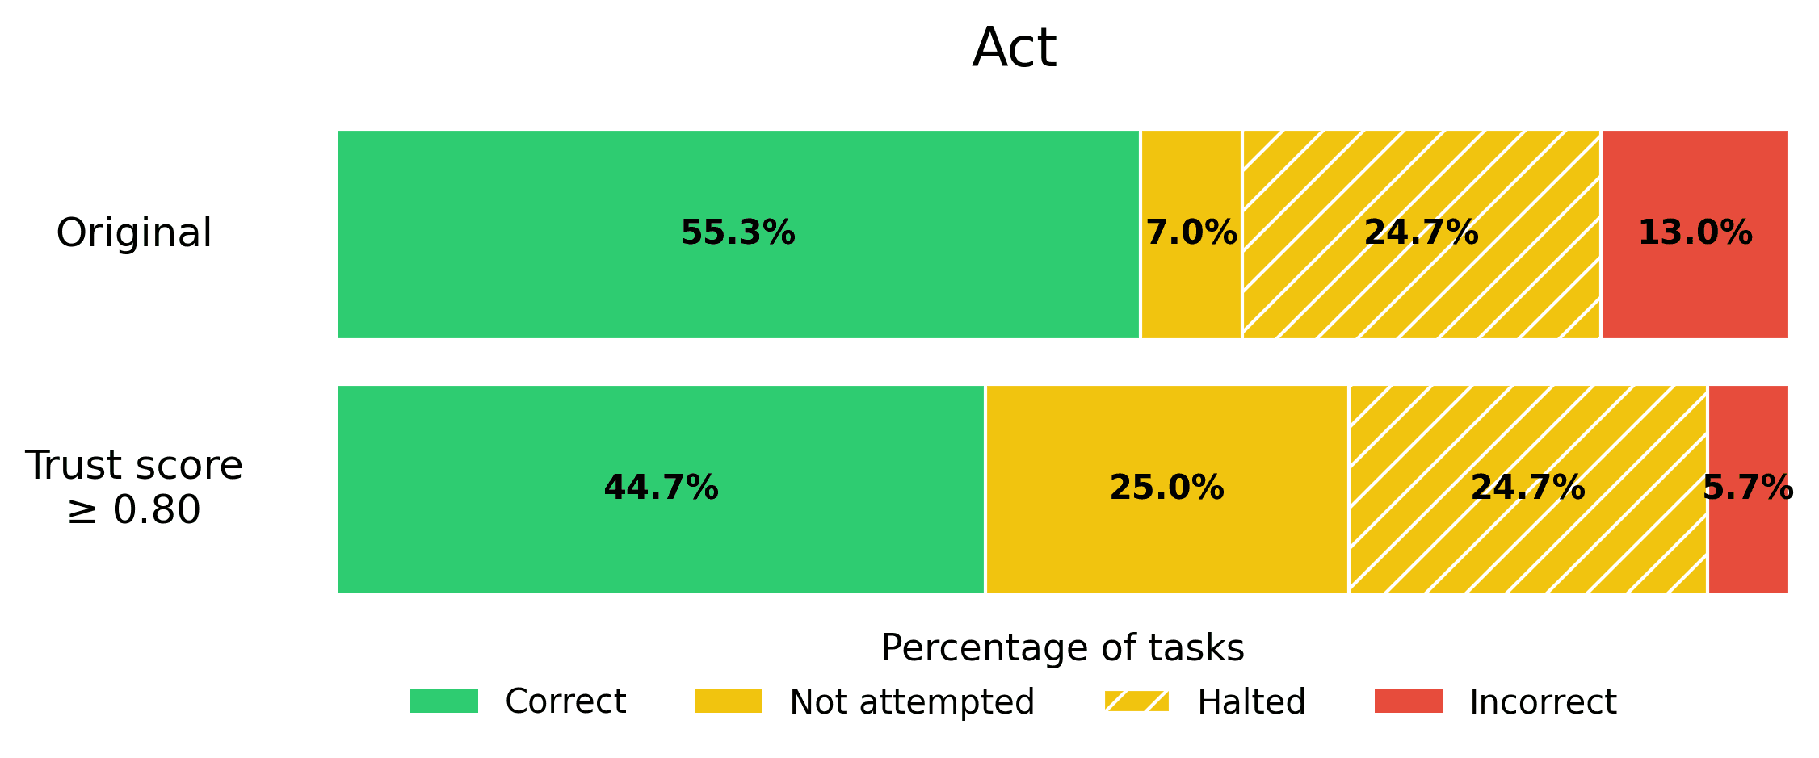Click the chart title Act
click(x=1014, y=48)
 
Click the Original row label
click(x=134, y=233)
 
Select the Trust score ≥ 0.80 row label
click(x=134, y=488)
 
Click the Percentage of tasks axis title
click(x=1062, y=647)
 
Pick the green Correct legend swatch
click(x=444, y=701)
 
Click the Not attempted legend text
click(x=912, y=701)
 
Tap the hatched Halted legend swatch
click(x=1136, y=701)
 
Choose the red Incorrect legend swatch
click(x=1409, y=701)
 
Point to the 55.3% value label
click(x=737, y=233)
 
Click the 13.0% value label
click(x=1695, y=233)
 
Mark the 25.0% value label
click(x=1166, y=488)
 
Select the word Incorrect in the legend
click(x=1543, y=701)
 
